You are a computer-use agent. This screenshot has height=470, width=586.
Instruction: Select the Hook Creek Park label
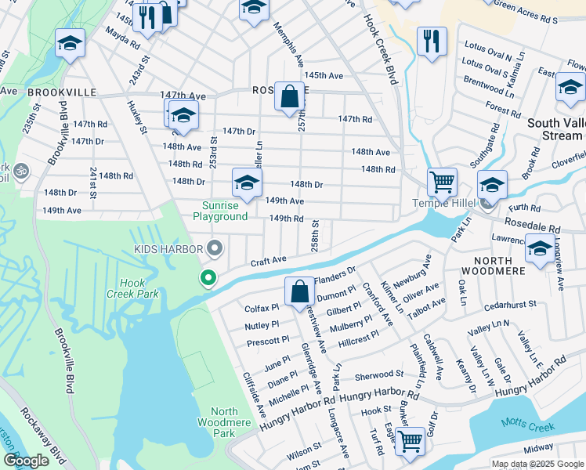[x=139, y=288]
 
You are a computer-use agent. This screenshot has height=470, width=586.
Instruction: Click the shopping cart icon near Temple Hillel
[x=442, y=183]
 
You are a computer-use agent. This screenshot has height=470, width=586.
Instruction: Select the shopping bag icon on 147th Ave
[x=289, y=97]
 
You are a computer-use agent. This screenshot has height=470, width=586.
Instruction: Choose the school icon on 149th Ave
[x=247, y=183]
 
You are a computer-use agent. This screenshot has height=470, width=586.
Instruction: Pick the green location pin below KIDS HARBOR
[x=208, y=277]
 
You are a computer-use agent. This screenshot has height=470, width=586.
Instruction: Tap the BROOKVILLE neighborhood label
[x=62, y=92]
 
